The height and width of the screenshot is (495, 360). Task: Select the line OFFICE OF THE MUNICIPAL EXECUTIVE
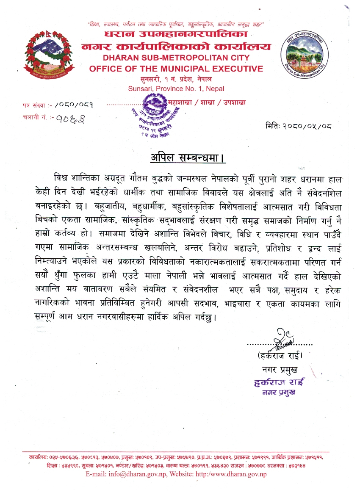pyautogui.click(x=176, y=69)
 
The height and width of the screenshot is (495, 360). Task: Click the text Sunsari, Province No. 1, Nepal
pyautogui.click(x=176, y=88)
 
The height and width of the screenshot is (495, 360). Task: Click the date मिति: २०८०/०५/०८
pyautogui.click(x=299, y=126)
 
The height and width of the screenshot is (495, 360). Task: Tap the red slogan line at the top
pyautogui.click(x=176, y=25)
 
